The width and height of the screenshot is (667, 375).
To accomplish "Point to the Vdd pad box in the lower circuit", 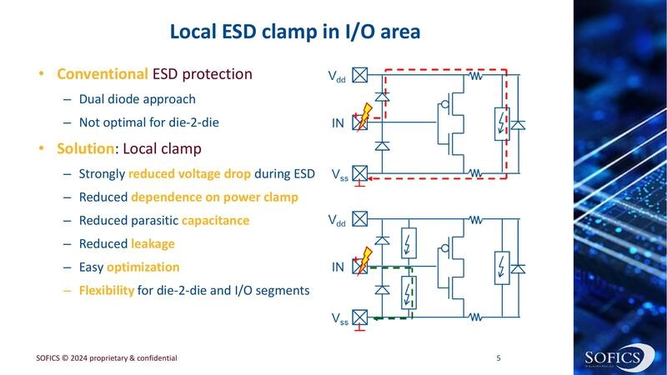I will [x=360, y=220].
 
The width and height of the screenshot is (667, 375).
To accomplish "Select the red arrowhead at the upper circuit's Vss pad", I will [x=373, y=177].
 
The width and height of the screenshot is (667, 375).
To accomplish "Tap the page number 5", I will [x=498, y=358].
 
